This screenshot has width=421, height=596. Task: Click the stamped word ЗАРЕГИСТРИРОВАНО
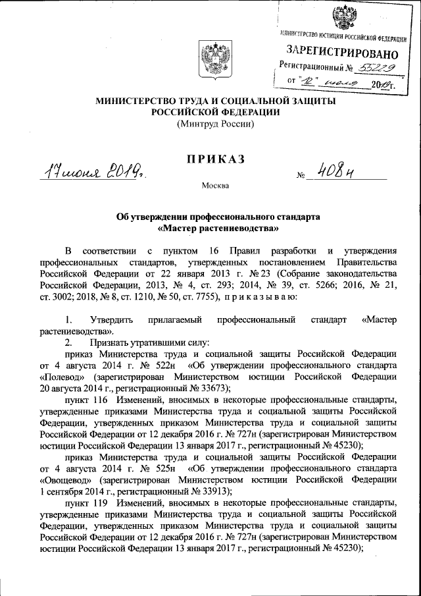[342, 51]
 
